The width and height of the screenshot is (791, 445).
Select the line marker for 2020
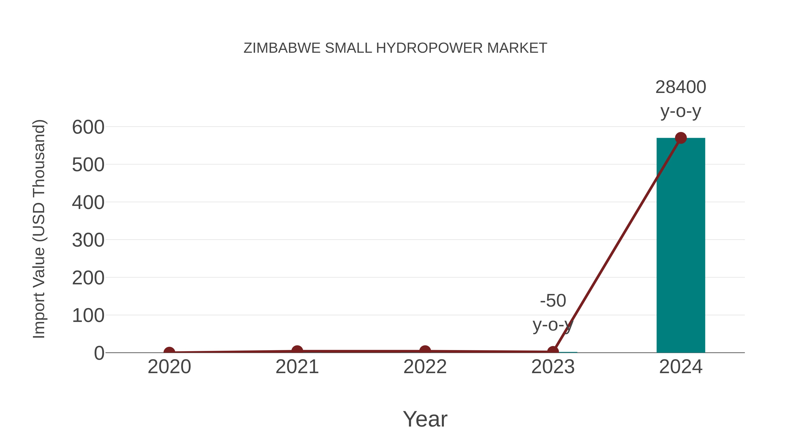tap(169, 352)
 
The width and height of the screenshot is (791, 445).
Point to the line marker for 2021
tap(297, 351)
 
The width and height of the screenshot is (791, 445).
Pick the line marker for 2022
tap(425, 351)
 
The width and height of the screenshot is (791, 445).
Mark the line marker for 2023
tap(553, 351)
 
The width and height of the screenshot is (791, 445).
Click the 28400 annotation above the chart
tap(680, 87)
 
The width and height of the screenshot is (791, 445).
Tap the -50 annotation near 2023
tap(553, 301)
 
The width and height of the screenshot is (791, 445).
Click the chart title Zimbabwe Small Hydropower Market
tap(395, 48)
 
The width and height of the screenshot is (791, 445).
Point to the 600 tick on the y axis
tap(88, 127)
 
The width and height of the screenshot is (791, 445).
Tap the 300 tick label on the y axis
tap(88, 240)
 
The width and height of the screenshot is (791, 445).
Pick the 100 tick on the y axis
tap(88, 316)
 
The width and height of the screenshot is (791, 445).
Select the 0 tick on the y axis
tap(99, 353)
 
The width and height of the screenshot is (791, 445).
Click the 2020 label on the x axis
tap(169, 367)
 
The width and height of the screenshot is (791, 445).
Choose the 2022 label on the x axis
tap(425, 367)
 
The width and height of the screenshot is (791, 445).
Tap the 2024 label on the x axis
tap(680, 367)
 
